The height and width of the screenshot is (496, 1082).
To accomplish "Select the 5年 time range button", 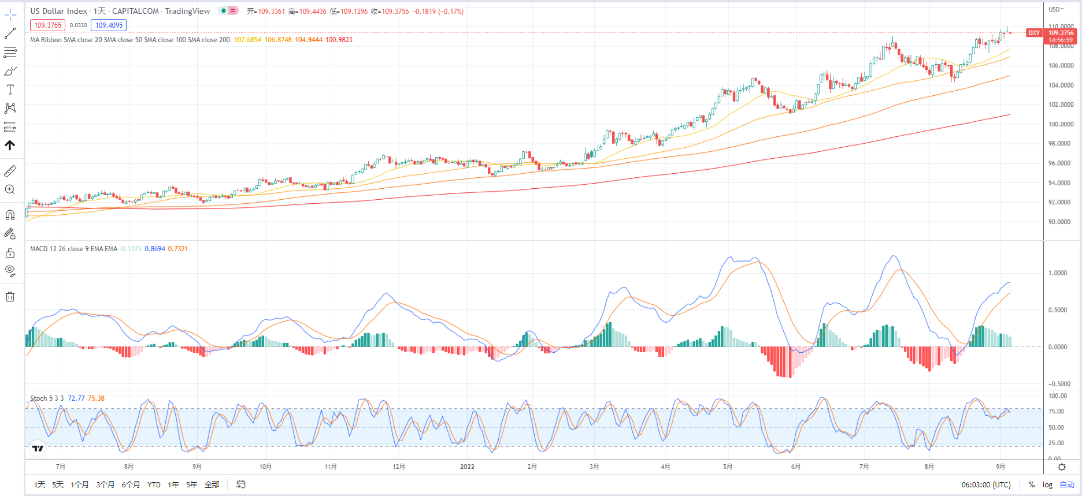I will (x=191, y=484).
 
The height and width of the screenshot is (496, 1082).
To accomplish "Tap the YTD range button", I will (x=154, y=484).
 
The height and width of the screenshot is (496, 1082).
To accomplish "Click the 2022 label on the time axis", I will (x=467, y=467).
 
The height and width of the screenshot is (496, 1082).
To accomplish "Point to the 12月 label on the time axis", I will (x=399, y=467).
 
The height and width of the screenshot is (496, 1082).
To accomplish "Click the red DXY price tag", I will (x=1033, y=33).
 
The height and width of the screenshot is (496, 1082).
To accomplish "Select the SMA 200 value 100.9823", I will (x=339, y=40).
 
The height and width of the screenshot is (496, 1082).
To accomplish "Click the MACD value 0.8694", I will (x=154, y=249).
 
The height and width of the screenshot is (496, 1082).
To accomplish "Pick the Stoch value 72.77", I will (x=76, y=398).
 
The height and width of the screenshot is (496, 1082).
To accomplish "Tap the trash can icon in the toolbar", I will (x=10, y=297).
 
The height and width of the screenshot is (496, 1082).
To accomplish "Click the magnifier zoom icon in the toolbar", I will (x=10, y=189).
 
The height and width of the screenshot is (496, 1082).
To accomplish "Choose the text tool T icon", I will (x=10, y=89).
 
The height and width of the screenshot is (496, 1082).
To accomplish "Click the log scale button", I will (x=1047, y=484).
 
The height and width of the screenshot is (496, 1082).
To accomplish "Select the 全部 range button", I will (x=212, y=484).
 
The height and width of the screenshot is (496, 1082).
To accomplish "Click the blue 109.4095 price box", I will (x=109, y=25).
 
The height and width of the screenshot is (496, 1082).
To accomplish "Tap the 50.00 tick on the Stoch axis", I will (x=1056, y=427).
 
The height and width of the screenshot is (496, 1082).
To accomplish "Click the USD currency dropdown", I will (x=1056, y=9).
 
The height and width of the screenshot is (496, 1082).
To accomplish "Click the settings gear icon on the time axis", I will (x=1062, y=467).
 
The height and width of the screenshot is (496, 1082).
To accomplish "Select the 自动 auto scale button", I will (x=1067, y=484).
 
